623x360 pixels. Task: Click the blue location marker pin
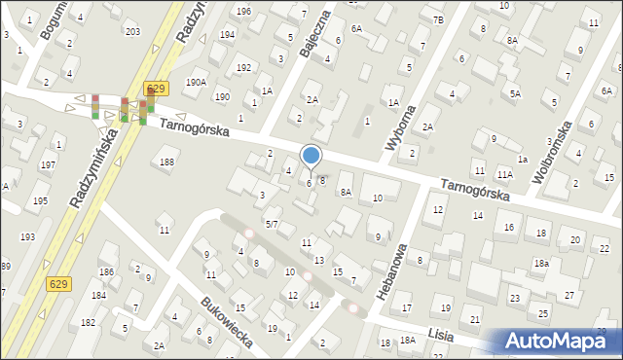coord(311,156)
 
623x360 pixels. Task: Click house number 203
coord(132,31)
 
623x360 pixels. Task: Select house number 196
coord(243,11)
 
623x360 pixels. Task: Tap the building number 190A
coord(196,83)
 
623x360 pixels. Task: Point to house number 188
coord(167,162)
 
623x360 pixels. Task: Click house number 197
coord(47,165)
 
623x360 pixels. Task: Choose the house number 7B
coord(438,19)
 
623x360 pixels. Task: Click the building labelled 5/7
coord(273,224)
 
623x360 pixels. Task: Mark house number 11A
coord(504,174)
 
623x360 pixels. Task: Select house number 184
coord(98,295)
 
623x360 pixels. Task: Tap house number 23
coord(514,298)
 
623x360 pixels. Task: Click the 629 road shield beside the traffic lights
coord(154,89)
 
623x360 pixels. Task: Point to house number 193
coord(27,237)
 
